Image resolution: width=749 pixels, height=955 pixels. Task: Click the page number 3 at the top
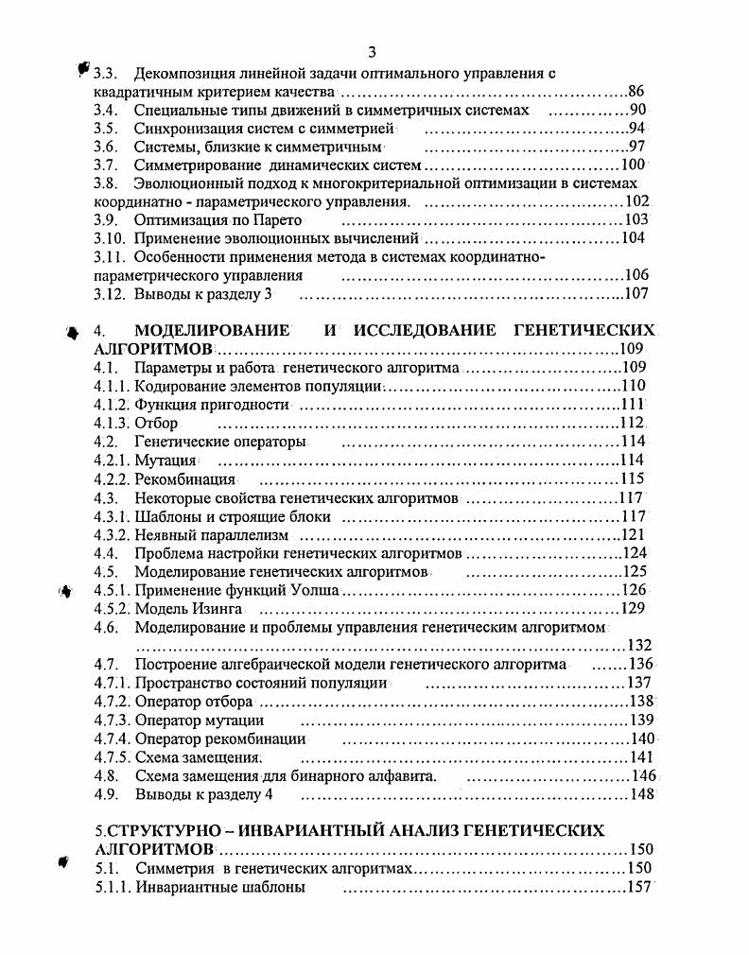373,51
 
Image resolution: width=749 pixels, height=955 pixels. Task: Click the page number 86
636,92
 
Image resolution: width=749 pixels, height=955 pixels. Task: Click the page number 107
636,293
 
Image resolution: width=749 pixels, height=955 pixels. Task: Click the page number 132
639,645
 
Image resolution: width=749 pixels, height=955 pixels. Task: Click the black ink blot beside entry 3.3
83,70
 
